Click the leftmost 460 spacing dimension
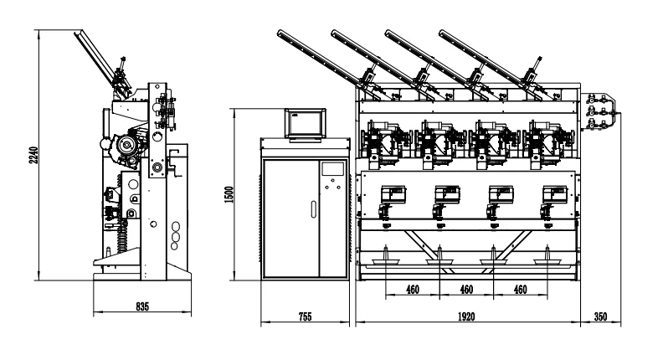tap(412, 289)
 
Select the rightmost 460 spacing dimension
tap(521, 289)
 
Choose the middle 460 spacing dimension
tap(466, 289)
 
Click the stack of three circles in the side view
tap(174, 236)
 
